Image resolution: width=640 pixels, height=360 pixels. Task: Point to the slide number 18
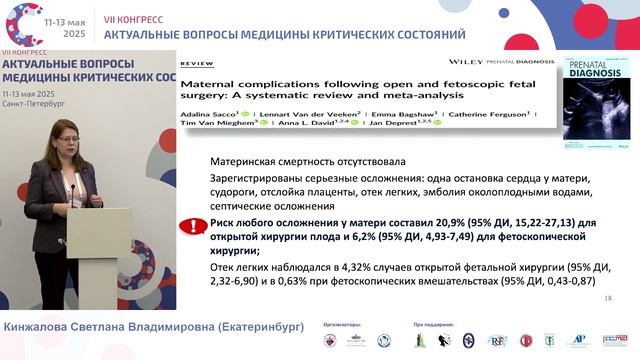pyautogui.click(x=609, y=299)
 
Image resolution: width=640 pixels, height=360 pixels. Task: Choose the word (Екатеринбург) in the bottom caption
pyautogui.click(x=252, y=327)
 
